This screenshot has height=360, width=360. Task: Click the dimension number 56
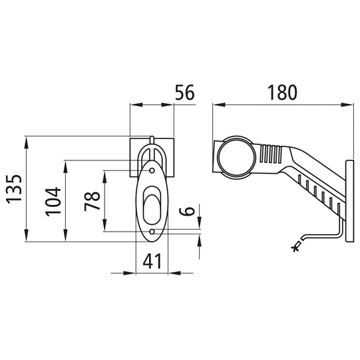pyautogui.click(x=184, y=92)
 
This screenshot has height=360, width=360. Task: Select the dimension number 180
pyautogui.click(x=283, y=92)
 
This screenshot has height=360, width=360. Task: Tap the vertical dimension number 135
pyautogui.click(x=14, y=189)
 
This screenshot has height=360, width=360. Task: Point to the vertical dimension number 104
pyautogui.click(x=53, y=202)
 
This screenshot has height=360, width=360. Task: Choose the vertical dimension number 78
pyautogui.click(x=92, y=202)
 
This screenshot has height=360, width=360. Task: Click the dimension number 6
pyautogui.click(x=187, y=211)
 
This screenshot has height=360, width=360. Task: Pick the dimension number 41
pyautogui.click(x=152, y=262)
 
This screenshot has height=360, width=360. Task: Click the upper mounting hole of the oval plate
pyautogui.click(x=152, y=170)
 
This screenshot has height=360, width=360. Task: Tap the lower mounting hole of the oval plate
pyautogui.click(x=152, y=232)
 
